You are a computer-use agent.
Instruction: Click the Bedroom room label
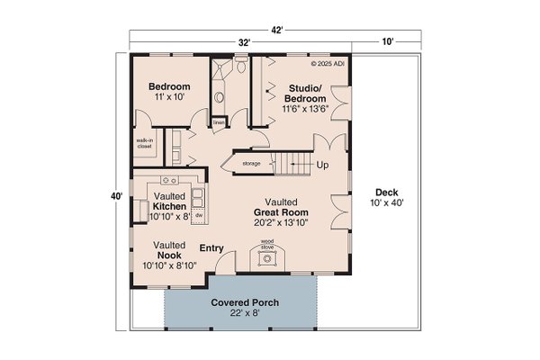pyautogui.click(x=169, y=86)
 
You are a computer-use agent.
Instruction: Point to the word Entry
pyautogui.click(x=211, y=248)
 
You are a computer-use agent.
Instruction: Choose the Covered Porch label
pyautogui.click(x=238, y=302)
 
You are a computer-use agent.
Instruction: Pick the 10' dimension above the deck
pyautogui.click(x=386, y=42)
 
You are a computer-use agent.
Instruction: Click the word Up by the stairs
pyautogui.click(x=321, y=166)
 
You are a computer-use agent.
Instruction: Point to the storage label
pyautogui.click(x=251, y=163)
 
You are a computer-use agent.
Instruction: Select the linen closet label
pyautogui.click(x=219, y=121)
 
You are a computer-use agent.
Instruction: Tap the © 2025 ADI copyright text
pyautogui.click(x=328, y=64)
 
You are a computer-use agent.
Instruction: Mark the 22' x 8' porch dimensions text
pyautogui.click(x=238, y=314)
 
